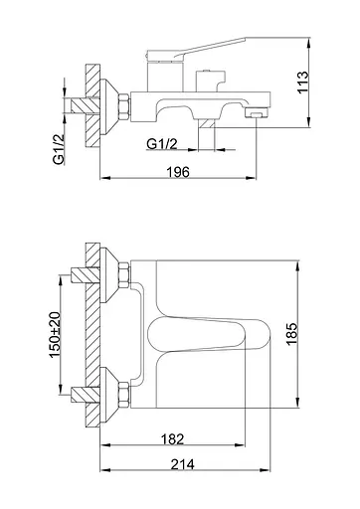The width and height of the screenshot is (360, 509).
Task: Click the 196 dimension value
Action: (178, 172)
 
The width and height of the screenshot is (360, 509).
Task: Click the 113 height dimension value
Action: (303, 83)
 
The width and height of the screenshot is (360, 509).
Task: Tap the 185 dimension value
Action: (292, 334)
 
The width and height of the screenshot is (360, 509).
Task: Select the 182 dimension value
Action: (172, 439)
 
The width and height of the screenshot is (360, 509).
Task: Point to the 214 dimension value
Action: (183, 464)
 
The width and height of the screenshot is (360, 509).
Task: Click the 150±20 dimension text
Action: (55, 335)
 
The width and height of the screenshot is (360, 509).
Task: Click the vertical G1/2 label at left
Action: (59, 148)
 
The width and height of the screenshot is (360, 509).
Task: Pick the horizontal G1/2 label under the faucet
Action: (162, 144)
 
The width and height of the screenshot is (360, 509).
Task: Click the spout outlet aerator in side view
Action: (256, 113)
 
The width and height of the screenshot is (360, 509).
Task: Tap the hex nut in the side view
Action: (123, 106)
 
